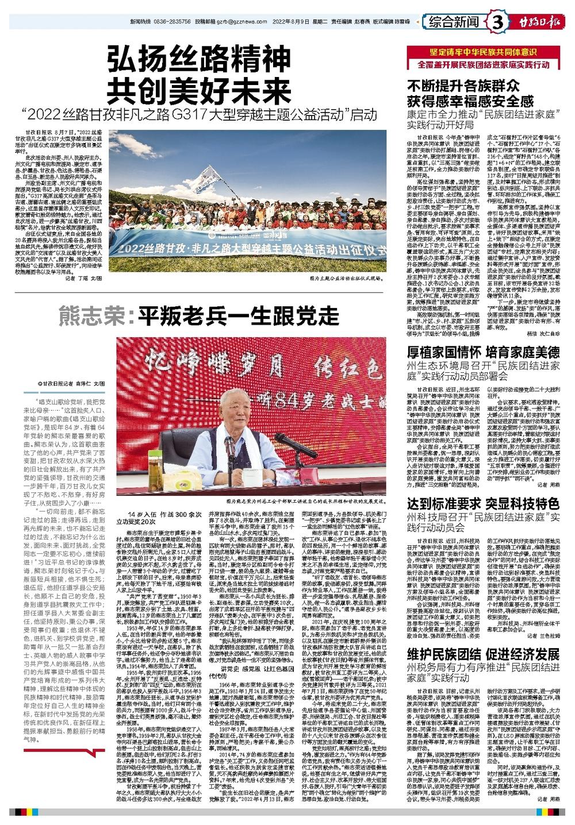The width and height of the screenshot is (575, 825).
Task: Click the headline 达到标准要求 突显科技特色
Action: click(483, 503)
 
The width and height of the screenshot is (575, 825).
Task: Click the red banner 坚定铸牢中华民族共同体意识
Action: click(484, 53)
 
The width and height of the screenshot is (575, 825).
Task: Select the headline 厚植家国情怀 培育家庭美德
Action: click(483, 352)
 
